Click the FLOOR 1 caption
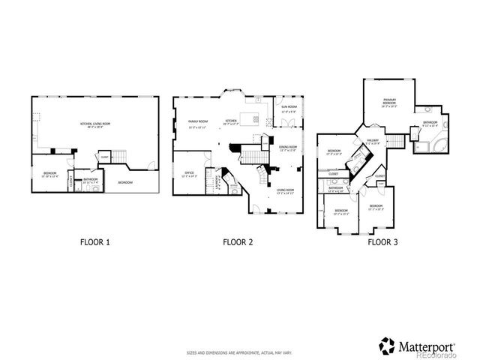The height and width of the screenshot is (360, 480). coord(95,242)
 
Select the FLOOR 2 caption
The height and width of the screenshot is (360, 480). coord(238,242)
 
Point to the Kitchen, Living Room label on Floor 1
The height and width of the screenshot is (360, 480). coord(95,124)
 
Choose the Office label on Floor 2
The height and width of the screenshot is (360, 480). coord(189,174)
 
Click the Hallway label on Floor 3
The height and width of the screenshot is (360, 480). coord(373,142)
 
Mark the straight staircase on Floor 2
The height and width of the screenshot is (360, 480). coord(248,156)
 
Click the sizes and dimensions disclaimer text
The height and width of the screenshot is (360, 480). coord(239,352)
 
